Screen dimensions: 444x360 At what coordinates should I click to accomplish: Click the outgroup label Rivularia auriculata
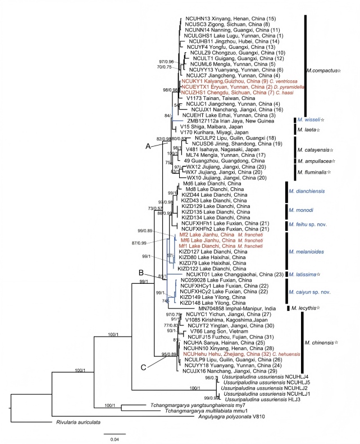[81, 423]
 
